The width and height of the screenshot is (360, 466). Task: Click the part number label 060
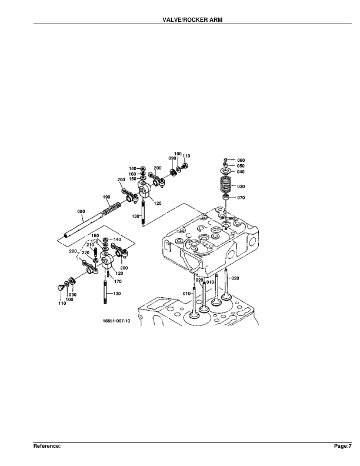click(241, 160)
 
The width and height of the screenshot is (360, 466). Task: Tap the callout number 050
click(241, 166)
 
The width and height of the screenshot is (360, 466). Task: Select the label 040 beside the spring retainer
click(241, 172)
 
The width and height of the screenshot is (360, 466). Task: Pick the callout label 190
click(106, 197)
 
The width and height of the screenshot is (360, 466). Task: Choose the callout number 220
click(86, 252)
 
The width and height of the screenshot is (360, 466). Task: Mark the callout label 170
click(117, 282)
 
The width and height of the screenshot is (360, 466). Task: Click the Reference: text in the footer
click(47, 447)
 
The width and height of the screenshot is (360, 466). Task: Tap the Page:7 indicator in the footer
click(343, 447)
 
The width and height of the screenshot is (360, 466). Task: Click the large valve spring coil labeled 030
click(225, 187)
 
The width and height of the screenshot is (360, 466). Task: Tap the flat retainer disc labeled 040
click(225, 173)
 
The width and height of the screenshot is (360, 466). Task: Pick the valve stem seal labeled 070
click(225, 200)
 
